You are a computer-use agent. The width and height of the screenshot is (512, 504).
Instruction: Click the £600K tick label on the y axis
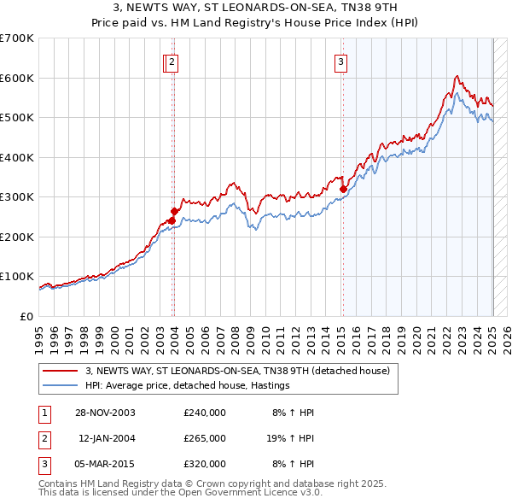click(17, 78)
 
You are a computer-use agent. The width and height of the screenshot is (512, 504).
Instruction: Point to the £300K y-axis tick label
click(17, 197)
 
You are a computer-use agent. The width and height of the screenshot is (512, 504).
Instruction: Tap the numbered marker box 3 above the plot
click(340, 62)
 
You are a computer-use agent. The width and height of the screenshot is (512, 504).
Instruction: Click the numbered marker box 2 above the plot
click(172, 62)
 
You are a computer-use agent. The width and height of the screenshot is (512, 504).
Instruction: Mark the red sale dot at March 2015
click(343, 189)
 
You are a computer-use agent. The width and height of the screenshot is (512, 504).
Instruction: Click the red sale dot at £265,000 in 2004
click(174, 211)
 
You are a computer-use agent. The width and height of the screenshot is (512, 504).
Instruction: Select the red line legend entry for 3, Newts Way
click(238, 371)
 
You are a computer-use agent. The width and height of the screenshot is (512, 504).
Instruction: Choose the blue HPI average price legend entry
click(188, 386)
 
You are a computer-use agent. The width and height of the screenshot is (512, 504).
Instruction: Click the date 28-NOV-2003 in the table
click(105, 413)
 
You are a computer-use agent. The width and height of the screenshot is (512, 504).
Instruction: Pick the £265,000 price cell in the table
click(205, 438)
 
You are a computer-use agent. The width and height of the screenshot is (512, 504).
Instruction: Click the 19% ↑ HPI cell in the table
click(290, 438)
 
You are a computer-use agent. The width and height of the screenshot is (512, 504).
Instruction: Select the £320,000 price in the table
click(205, 464)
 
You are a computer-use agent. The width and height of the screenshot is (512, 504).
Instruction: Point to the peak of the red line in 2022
click(457, 76)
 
